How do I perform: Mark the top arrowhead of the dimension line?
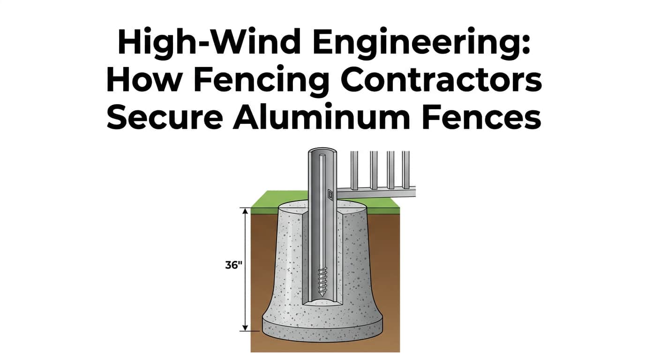pyautogui.click(x=244, y=210)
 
